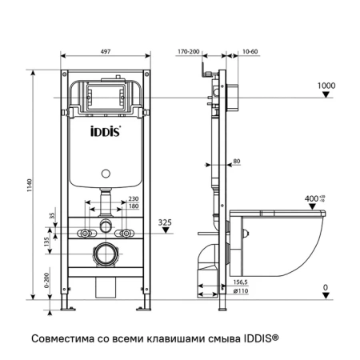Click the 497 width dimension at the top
point(106,50)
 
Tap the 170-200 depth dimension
point(189,50)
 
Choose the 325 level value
point(165,222)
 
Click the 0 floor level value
point(325,287)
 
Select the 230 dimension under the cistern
point(133,199)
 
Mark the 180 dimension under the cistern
point(133,207)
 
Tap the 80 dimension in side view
point(237,162)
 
